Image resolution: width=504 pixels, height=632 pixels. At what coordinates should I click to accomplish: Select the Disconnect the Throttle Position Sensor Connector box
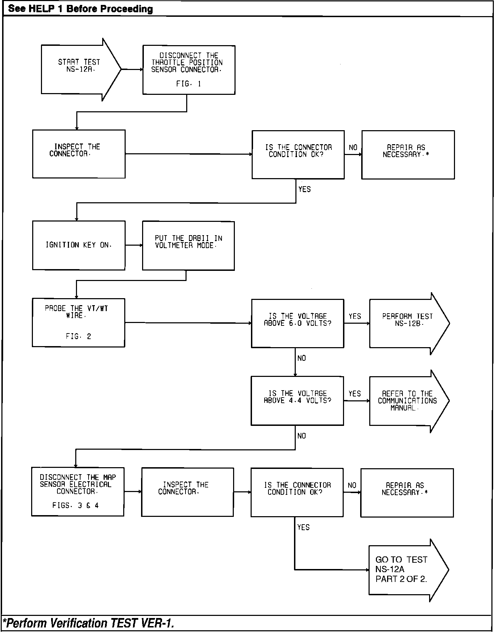click(x=189, y=70)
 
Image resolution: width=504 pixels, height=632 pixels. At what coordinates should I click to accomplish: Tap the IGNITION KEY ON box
click(x=79, y=245)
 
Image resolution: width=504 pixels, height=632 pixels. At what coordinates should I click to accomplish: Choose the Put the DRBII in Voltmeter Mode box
click(x=188, y=246)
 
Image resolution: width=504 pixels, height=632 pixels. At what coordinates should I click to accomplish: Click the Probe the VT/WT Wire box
click(x=78, y=322)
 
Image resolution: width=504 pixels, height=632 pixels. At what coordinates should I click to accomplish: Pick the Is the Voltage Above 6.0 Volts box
click(x=297, y=323)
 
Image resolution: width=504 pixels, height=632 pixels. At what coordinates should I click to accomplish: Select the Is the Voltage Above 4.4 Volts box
click(x=297, y=401)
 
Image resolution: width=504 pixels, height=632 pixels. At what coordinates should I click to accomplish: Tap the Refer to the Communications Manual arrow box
click(x=407, y=401)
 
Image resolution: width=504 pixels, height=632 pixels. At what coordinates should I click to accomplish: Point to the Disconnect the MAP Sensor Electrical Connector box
click(x=78, y=491)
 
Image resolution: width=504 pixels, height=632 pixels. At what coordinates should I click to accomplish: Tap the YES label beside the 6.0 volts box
click(x=355, y=316)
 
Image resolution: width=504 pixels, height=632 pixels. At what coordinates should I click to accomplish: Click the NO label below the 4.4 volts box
click(x=302, y=436)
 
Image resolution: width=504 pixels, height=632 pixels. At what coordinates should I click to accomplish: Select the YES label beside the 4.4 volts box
click(x=355, y=394)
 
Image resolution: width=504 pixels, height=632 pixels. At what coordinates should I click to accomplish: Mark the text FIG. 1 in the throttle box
click(x=189, y=84)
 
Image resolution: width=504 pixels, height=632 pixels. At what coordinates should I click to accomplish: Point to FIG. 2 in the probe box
click(x=78, y=337)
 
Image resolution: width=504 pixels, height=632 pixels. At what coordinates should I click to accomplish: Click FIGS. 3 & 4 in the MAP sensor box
click(x=76, y=505)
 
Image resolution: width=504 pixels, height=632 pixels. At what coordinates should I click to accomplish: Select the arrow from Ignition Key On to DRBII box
click(x=133, y=245)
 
